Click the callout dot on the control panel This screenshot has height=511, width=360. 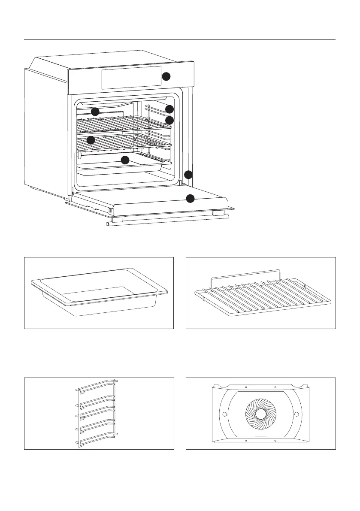tap(166, 77)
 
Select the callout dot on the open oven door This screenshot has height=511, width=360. tap(190, 198)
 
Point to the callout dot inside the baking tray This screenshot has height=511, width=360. tap(125, 160)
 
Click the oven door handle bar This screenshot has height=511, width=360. tap(167, 220)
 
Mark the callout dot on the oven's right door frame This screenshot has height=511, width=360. tap(188, 175)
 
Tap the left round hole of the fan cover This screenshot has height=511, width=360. tap(224, 414)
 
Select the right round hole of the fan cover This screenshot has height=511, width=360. tap(296, 414)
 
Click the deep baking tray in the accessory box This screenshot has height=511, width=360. tap(99, 293)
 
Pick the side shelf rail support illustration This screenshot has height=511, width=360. tap(97, 413)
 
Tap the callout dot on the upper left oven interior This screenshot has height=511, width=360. tap(95, 112)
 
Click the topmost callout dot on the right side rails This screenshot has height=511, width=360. tap(169, 109)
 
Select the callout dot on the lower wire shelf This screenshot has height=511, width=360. tap(91, 140)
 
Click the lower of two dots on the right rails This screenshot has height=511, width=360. tap(169, 120)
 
